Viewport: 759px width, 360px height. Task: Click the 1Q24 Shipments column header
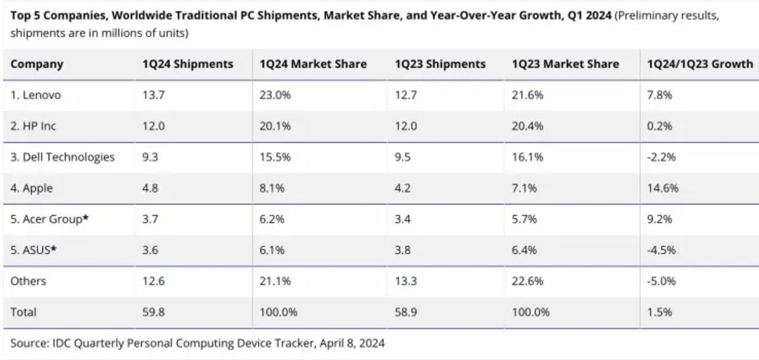188,65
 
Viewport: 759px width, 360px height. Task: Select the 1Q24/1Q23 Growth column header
701,65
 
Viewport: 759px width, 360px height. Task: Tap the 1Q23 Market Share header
565,65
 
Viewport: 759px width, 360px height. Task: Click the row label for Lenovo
36,96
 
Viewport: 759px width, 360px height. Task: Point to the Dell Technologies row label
63,157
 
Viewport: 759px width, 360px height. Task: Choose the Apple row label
32,188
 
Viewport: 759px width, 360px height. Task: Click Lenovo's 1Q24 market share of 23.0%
275,96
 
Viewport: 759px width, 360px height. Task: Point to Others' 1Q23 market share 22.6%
528,281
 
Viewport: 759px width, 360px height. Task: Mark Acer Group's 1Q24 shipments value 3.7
150,219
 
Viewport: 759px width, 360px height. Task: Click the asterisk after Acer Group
86,218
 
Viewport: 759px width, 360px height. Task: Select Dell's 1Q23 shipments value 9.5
403,157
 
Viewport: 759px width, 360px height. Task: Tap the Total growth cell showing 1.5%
660,312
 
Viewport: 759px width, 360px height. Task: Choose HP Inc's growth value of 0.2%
660,127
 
